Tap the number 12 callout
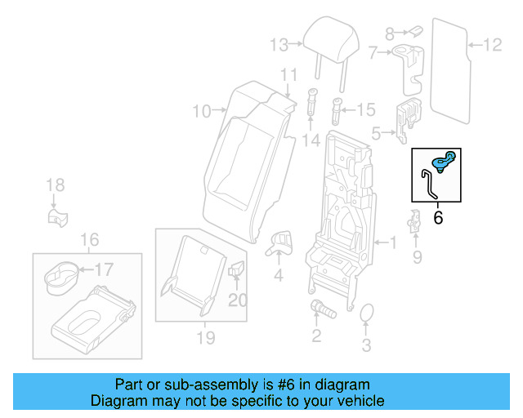point(493,44)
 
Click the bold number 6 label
point(437,217)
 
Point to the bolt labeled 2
point(320,309)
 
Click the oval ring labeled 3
point(366,314)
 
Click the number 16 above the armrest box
point(89,239)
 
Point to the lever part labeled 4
point(281,239)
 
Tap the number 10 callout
point(201,109)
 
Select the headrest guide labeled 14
point(312,103)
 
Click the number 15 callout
point(365,109)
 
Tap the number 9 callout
point(417,259)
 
